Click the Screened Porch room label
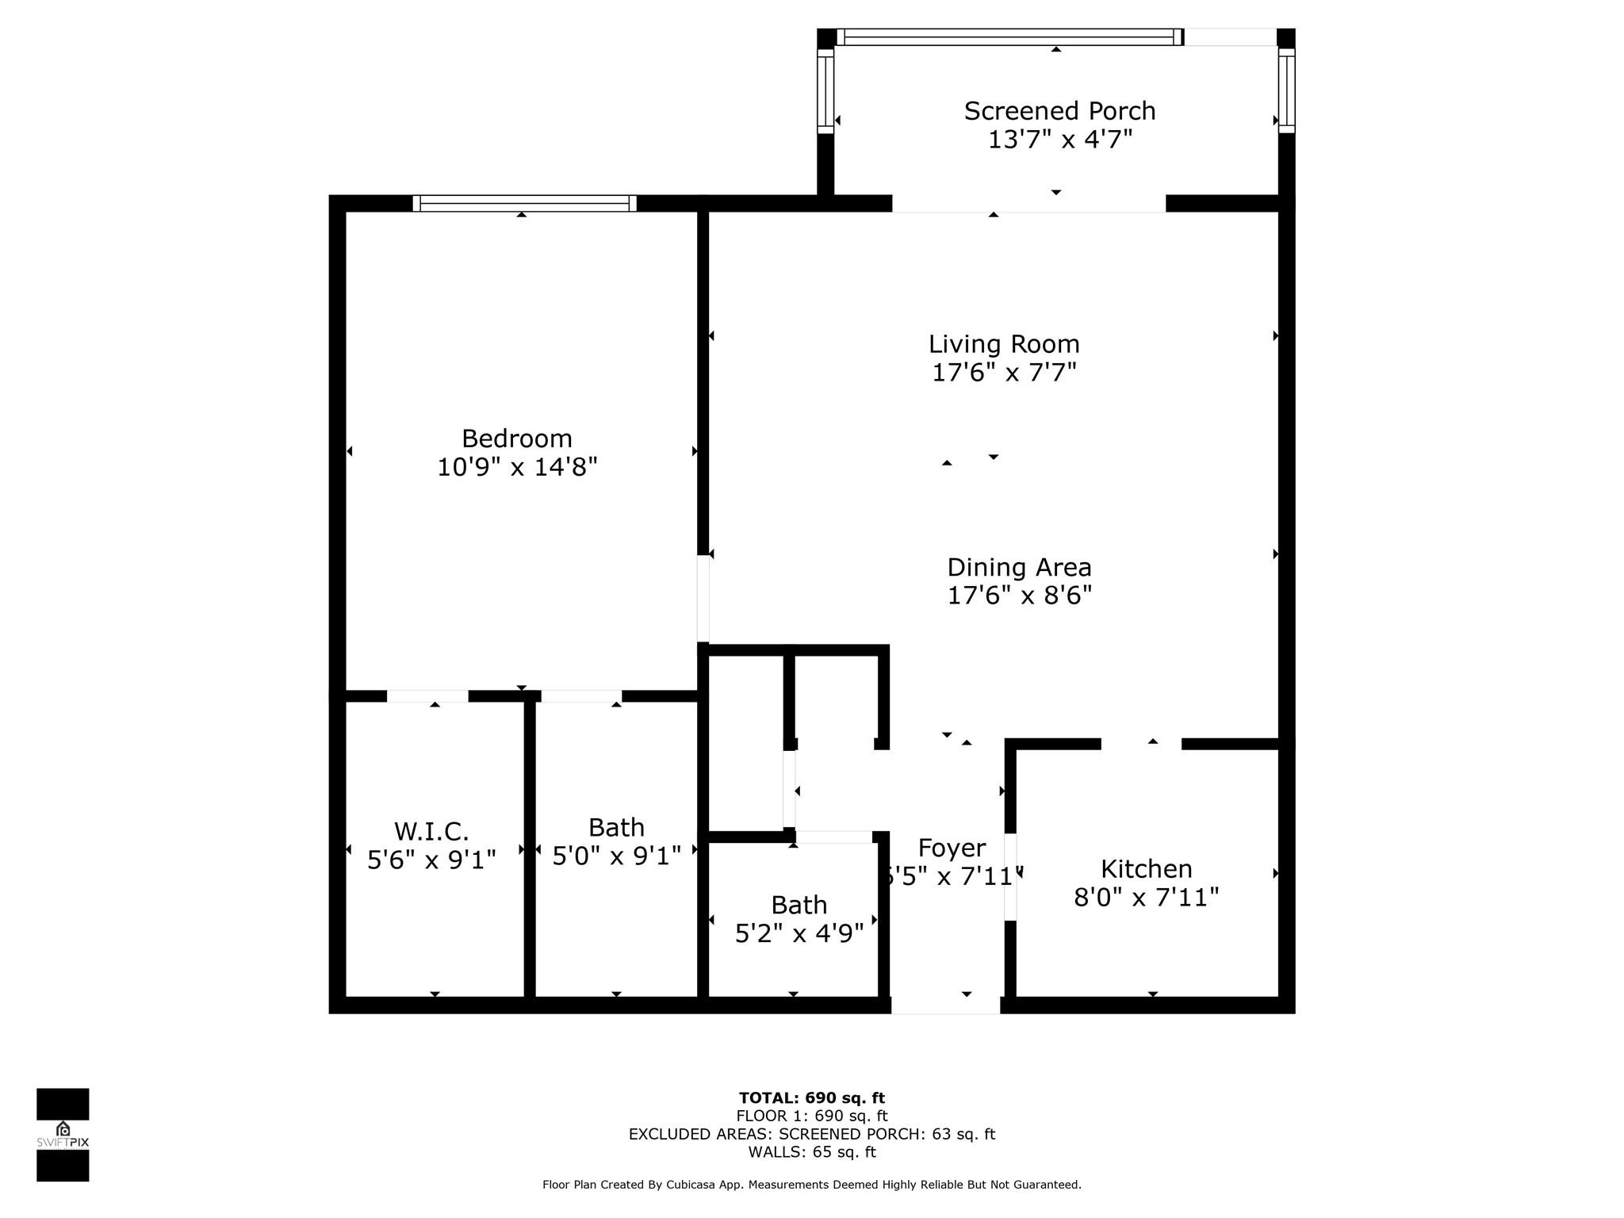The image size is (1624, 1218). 1059,111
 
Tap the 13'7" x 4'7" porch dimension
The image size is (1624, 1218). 1059,140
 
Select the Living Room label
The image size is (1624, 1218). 1004,344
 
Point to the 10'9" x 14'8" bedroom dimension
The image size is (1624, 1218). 517,467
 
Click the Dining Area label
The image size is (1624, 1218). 1019,568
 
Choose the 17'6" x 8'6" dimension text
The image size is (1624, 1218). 1019,596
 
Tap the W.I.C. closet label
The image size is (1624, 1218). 431,832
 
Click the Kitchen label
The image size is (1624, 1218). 1146,869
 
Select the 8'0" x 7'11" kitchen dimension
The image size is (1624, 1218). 1146,898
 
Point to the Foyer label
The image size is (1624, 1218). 952,848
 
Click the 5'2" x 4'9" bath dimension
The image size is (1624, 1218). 799,934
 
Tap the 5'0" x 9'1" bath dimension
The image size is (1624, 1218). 616,856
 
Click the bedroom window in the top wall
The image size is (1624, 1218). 524,203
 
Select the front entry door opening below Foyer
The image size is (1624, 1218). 945,1005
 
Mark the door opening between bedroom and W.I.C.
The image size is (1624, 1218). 427,696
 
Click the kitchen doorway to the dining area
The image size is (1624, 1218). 1141,744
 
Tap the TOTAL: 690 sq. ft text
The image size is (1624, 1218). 811,1098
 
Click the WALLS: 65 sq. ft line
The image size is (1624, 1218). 811,1152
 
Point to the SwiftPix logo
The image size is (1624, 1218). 63,1135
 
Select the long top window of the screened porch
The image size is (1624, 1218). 1009,36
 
